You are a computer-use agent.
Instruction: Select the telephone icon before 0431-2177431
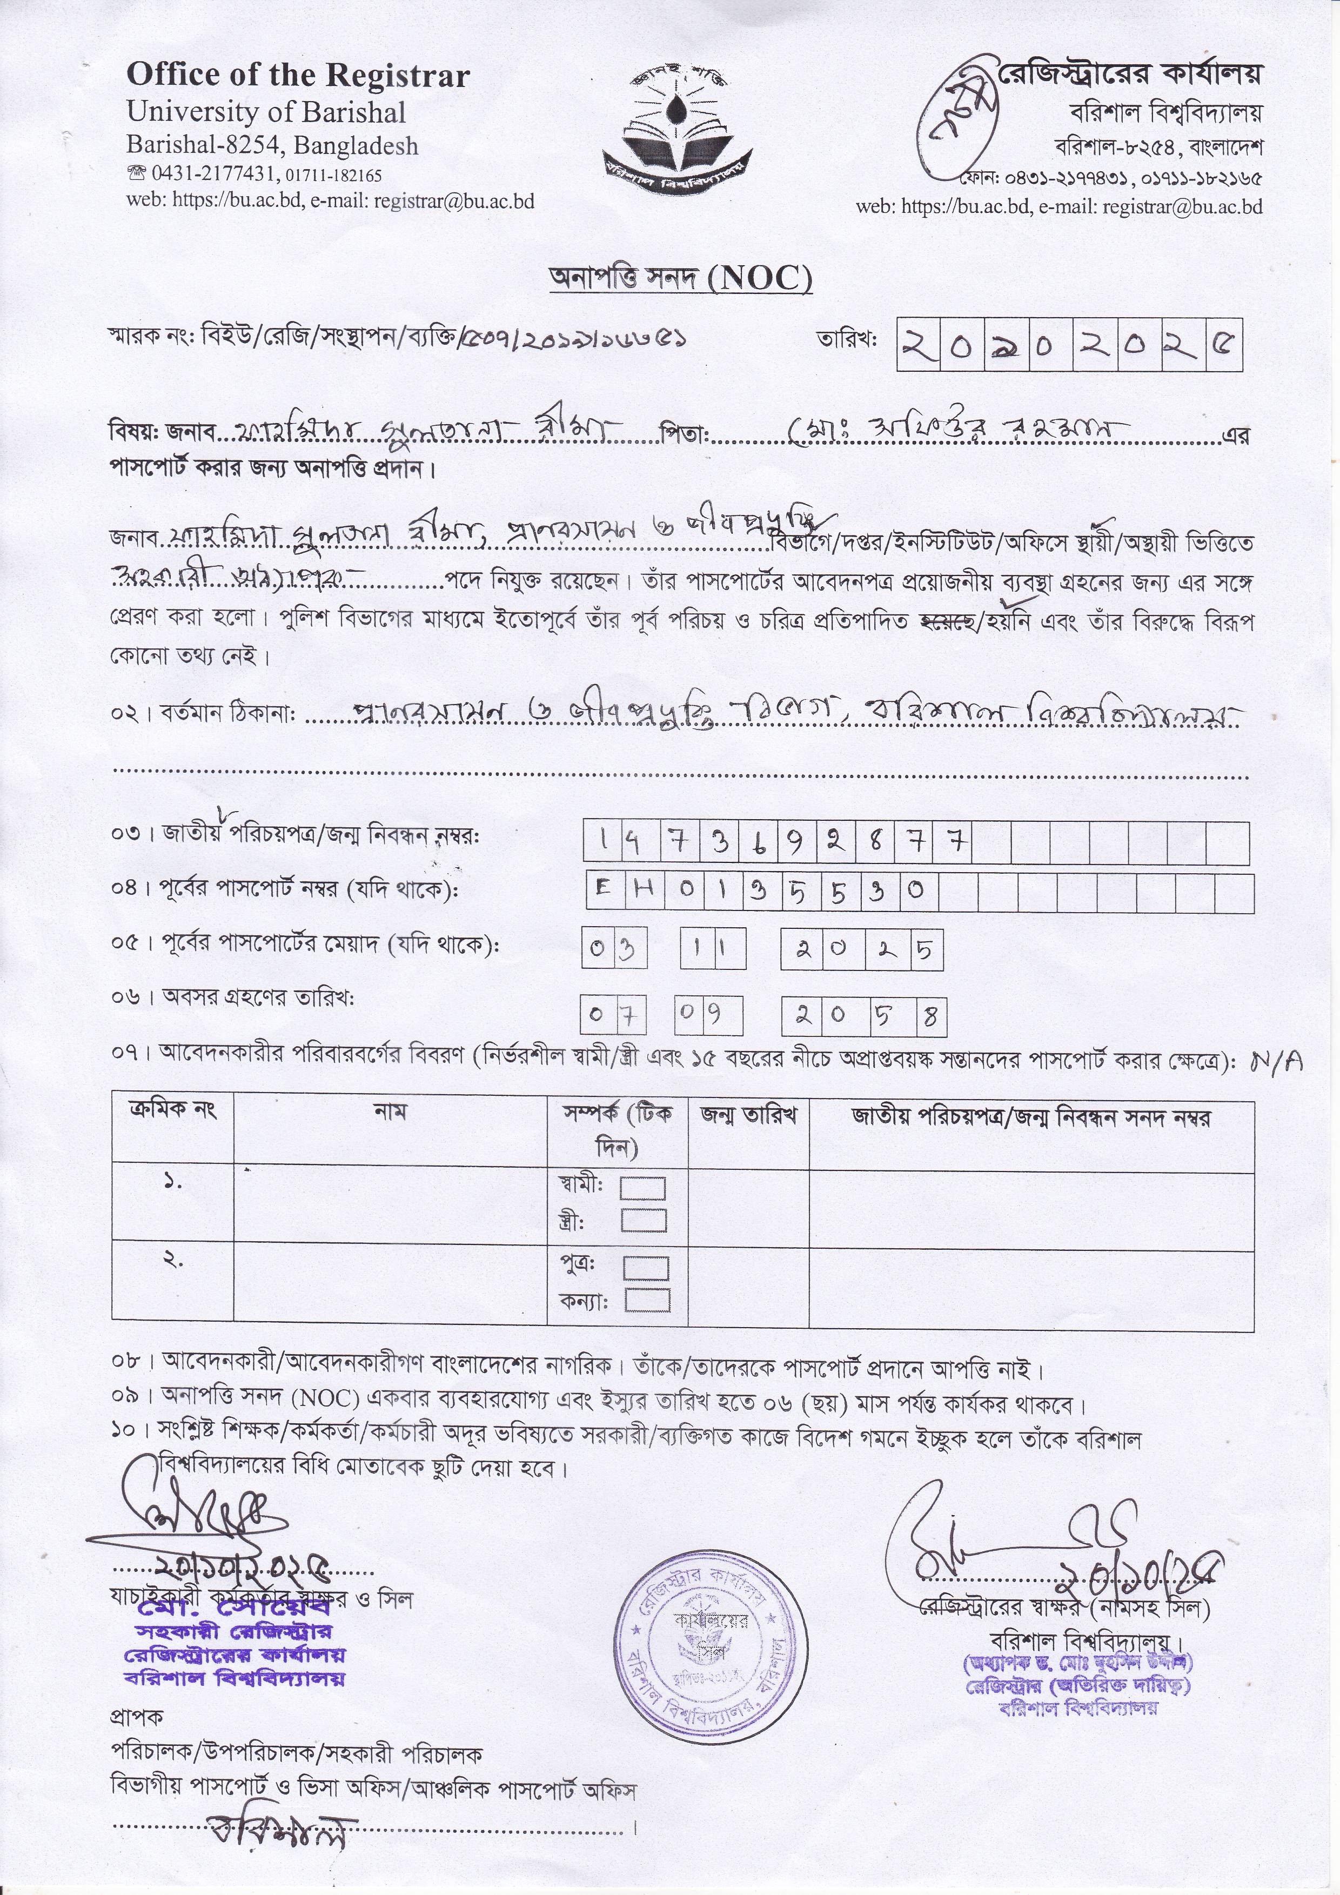(135, 174)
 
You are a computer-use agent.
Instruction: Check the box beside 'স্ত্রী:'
(644, 1220)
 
